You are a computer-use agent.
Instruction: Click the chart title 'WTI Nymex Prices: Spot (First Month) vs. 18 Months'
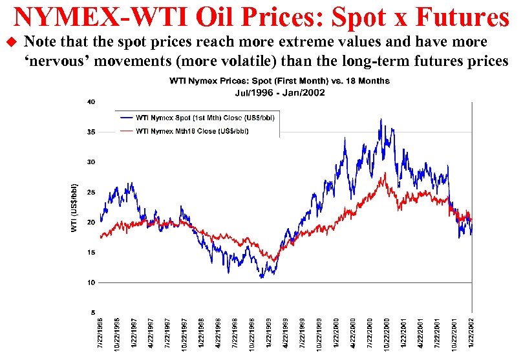[279, 81]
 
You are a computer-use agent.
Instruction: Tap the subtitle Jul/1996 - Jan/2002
[279, 92]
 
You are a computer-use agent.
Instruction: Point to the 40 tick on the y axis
[91, 102]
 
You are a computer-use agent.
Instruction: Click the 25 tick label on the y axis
[91, 193]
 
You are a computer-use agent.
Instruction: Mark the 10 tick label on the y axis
[91, 283]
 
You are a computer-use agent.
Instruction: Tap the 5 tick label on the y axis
[93, 313]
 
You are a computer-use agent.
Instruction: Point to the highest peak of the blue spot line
[381, 120]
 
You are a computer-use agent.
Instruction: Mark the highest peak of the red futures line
[385, 173]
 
